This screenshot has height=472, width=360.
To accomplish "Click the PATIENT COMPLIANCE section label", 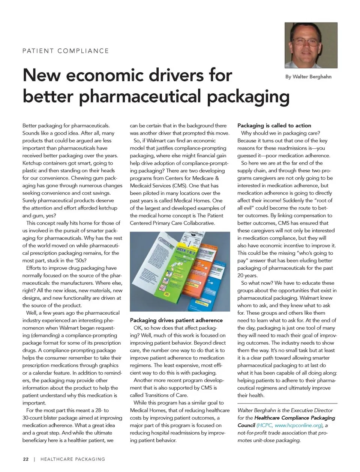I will tap(66, 51).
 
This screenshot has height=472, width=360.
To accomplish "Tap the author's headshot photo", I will tap(311, 45).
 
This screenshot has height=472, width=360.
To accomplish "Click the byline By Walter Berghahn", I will tap(308, 76).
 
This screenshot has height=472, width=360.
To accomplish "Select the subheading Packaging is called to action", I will tap(274, 125).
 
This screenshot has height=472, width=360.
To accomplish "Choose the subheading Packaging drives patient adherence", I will tap(176, 320).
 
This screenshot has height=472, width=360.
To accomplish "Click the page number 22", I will tap(25, 459).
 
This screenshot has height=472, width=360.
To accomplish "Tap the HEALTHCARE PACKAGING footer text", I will tap(73, 459).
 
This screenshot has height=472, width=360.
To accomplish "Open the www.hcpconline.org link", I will tap(298, 425).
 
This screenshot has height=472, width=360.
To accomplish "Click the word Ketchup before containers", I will tap(33, 163).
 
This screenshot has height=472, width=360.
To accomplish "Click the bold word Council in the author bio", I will tap(246, 425).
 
